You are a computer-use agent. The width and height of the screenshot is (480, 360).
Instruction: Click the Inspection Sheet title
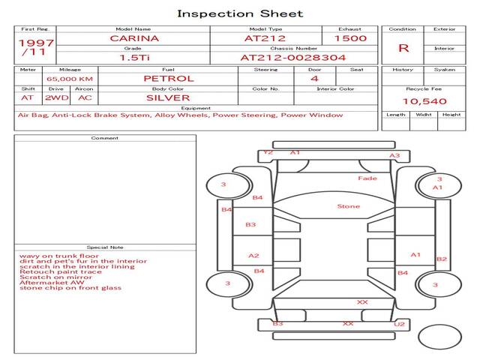240,13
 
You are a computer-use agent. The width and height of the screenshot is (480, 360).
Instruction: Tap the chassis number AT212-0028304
282,57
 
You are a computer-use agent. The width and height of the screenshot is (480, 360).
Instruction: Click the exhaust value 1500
350,38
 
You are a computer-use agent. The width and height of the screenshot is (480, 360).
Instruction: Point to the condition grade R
403,48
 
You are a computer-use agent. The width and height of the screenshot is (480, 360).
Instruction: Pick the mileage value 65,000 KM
70,79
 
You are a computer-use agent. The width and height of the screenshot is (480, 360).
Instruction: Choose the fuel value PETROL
168,78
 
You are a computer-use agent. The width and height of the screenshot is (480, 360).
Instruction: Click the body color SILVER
168,97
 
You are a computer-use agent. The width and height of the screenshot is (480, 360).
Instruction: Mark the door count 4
314,78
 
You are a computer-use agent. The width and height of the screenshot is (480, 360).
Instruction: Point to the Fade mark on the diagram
367,178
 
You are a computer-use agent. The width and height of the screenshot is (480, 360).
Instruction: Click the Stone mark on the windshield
348,206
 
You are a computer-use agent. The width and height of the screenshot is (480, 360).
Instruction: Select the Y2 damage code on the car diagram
268,152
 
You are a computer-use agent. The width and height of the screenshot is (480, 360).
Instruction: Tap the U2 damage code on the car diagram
400,324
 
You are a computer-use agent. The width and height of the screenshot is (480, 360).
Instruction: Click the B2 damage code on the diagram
442,259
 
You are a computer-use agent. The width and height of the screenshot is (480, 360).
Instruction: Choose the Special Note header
105,247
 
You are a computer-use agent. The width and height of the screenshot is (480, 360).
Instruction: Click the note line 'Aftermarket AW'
52,282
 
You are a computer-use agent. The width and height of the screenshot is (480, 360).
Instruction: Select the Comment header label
105,138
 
